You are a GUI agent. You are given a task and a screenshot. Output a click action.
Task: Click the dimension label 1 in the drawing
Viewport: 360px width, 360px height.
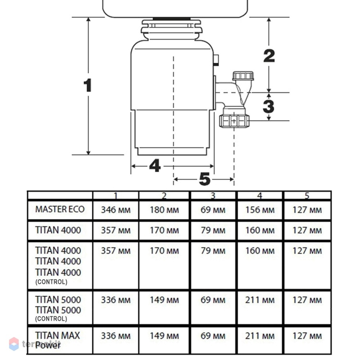(88, 85)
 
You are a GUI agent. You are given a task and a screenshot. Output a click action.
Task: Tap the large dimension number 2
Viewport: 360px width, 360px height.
(269, 56)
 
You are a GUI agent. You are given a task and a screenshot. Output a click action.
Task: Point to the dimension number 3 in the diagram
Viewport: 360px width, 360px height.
(269, 107)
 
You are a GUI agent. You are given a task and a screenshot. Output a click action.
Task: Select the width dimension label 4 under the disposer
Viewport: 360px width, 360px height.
(155, 166)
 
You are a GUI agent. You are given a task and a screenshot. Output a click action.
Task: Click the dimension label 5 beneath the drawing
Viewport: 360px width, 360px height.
(205, 179)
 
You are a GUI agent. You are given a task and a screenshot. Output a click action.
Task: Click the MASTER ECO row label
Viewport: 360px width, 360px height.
(60, 209)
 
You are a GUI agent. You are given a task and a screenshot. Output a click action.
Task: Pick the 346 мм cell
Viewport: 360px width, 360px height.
(116, 210)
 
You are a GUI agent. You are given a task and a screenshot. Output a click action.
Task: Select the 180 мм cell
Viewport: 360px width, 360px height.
(164, 210)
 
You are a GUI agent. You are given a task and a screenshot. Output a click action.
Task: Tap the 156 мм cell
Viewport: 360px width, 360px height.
(260, 210)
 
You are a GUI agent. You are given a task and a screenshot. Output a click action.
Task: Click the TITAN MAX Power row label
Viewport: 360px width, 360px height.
(57, 340)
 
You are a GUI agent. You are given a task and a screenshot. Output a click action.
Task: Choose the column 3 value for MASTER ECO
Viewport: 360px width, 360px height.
(213, 210)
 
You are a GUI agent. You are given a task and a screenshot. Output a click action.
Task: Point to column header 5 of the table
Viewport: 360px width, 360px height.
(307, 195)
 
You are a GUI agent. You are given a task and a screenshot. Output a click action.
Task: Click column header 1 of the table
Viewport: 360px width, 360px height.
(116, 195)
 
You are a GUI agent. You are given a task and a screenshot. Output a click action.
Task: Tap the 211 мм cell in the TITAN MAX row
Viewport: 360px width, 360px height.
(260, 336)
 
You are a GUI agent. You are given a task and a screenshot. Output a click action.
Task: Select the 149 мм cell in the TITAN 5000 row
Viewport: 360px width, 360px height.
(164, 300)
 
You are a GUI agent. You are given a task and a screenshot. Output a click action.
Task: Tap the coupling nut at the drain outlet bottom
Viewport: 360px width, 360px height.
(234, 121)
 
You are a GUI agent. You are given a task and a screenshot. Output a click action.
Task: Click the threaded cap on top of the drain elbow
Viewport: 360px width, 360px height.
(243, 76)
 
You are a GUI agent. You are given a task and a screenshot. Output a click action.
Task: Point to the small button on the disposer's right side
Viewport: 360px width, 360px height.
(216, 60)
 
